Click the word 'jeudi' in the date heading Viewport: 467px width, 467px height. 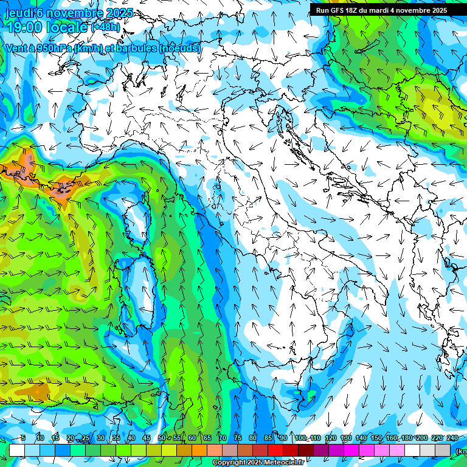click(x=18, y=13)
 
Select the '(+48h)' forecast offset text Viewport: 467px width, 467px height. click(x=106, y=27)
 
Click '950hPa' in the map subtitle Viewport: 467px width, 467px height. click(x=54, y=48)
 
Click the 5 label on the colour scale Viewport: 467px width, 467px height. click(x=22, y=438)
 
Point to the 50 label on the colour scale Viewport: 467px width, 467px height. click(x=162, y=438)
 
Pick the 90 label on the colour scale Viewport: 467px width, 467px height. click(x=283, y=438)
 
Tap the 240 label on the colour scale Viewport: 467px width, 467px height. click(x=452, y=438)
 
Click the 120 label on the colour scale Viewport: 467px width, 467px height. click(x=331, y=438)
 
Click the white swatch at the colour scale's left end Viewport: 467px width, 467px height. click(x=17, y=450)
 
